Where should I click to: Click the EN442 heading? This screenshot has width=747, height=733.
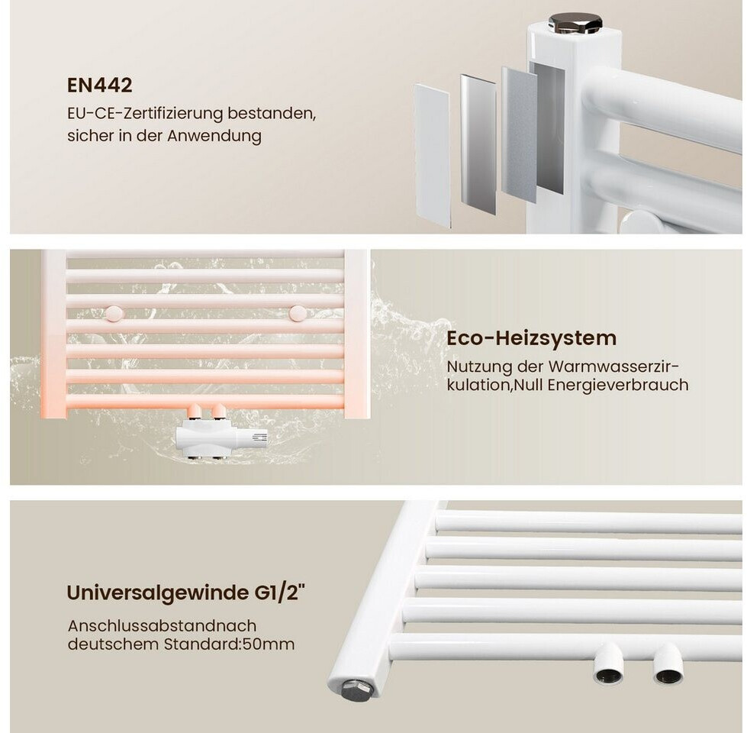tap(99, 86)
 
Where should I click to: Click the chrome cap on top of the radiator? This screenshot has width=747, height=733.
tap(575, 23)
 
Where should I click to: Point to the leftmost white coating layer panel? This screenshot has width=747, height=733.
tap(432, 155)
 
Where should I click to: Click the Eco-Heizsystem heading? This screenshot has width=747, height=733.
tap(532, 338)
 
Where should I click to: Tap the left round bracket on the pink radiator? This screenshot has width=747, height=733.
tap(114, 313)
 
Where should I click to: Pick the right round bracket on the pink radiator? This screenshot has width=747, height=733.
tap(298, 313)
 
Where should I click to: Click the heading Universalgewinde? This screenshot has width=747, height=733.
tap(156, 593)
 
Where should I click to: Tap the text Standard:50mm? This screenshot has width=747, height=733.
tap(229, 644)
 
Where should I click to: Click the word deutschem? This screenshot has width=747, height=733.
tap(114, 644)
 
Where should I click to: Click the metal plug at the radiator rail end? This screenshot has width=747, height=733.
tap(357, 689)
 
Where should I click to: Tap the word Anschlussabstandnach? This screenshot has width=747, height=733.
tap(162, 626)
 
